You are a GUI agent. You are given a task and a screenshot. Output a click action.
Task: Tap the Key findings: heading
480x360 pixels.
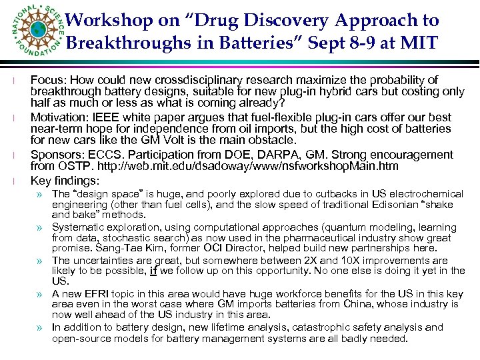[64, 180]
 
